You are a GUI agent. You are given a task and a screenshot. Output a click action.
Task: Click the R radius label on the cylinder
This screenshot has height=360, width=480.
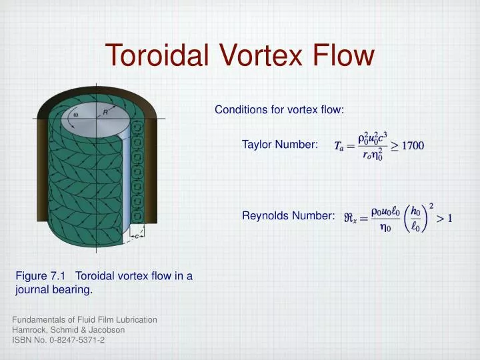105,113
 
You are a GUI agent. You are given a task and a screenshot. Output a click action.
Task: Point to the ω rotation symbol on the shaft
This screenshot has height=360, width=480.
75,114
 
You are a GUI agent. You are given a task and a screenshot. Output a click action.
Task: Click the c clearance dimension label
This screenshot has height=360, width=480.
137,235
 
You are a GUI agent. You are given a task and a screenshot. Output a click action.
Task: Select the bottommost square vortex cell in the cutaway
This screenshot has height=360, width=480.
137,217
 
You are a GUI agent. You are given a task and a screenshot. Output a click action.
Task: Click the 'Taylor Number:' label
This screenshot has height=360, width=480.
280,145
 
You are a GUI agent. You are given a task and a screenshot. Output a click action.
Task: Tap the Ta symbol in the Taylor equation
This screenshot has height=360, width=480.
339,146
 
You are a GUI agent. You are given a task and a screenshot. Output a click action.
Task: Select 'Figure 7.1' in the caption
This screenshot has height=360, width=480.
41,277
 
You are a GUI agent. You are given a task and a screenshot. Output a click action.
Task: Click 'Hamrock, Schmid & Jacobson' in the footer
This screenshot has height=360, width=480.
68,330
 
